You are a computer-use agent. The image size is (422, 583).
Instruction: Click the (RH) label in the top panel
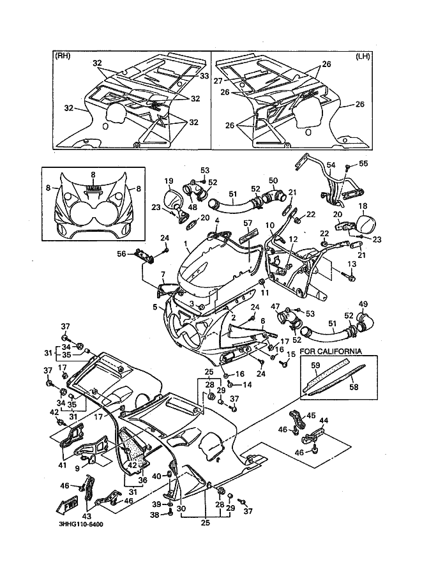point(63,56)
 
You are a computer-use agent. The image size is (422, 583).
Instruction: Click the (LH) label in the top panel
point(363,56)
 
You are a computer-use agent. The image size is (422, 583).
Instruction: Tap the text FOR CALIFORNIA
point(331,351)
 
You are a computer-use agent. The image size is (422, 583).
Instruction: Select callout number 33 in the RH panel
point(204,76)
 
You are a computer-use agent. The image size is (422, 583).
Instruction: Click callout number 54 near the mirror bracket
point(330,165)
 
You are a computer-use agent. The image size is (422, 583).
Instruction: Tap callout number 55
point(363,164)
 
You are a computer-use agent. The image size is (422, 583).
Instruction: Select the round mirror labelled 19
point(172,197)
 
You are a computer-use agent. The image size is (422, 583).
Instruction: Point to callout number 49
point(363,303)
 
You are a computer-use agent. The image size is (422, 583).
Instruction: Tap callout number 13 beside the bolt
point(352,264)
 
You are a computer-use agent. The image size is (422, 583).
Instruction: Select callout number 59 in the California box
point(315,366)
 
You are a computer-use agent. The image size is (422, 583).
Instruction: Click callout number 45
point(312,416)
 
